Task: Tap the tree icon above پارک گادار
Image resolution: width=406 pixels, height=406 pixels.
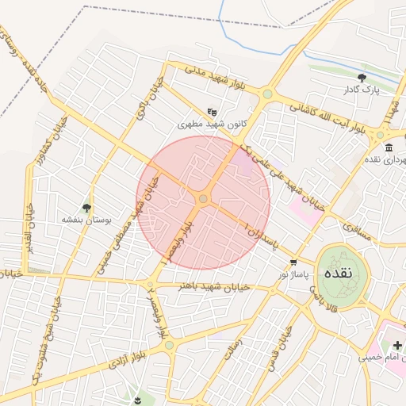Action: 362,78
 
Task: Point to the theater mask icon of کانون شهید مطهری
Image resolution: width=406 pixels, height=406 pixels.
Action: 211,112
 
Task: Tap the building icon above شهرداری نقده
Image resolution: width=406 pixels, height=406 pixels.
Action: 388,147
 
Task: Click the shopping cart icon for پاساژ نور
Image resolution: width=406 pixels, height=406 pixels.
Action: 293,262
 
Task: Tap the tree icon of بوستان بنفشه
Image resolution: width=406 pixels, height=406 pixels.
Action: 87,208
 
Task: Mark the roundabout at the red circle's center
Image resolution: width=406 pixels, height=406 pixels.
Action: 203,198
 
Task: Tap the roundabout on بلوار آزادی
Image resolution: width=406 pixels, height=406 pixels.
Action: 169,346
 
